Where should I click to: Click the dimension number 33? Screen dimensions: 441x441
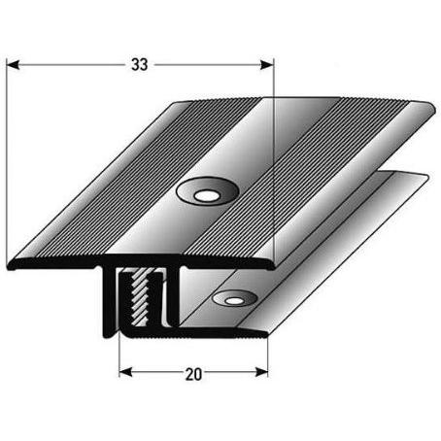pos(140,65)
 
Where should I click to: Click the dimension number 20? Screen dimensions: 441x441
pos(193,374)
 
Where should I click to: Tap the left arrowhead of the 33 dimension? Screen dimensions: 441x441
pos(13,65)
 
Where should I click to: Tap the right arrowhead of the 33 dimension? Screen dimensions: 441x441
pos(267,65)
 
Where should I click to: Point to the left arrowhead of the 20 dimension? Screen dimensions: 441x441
pos(125,372)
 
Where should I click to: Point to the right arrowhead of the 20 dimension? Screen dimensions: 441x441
pos(261,372)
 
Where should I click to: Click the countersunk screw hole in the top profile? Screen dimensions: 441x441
pos(207,191)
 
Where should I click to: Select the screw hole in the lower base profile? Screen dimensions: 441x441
pos(234,299)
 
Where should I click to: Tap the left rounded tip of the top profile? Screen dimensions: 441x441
pos(10,264)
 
